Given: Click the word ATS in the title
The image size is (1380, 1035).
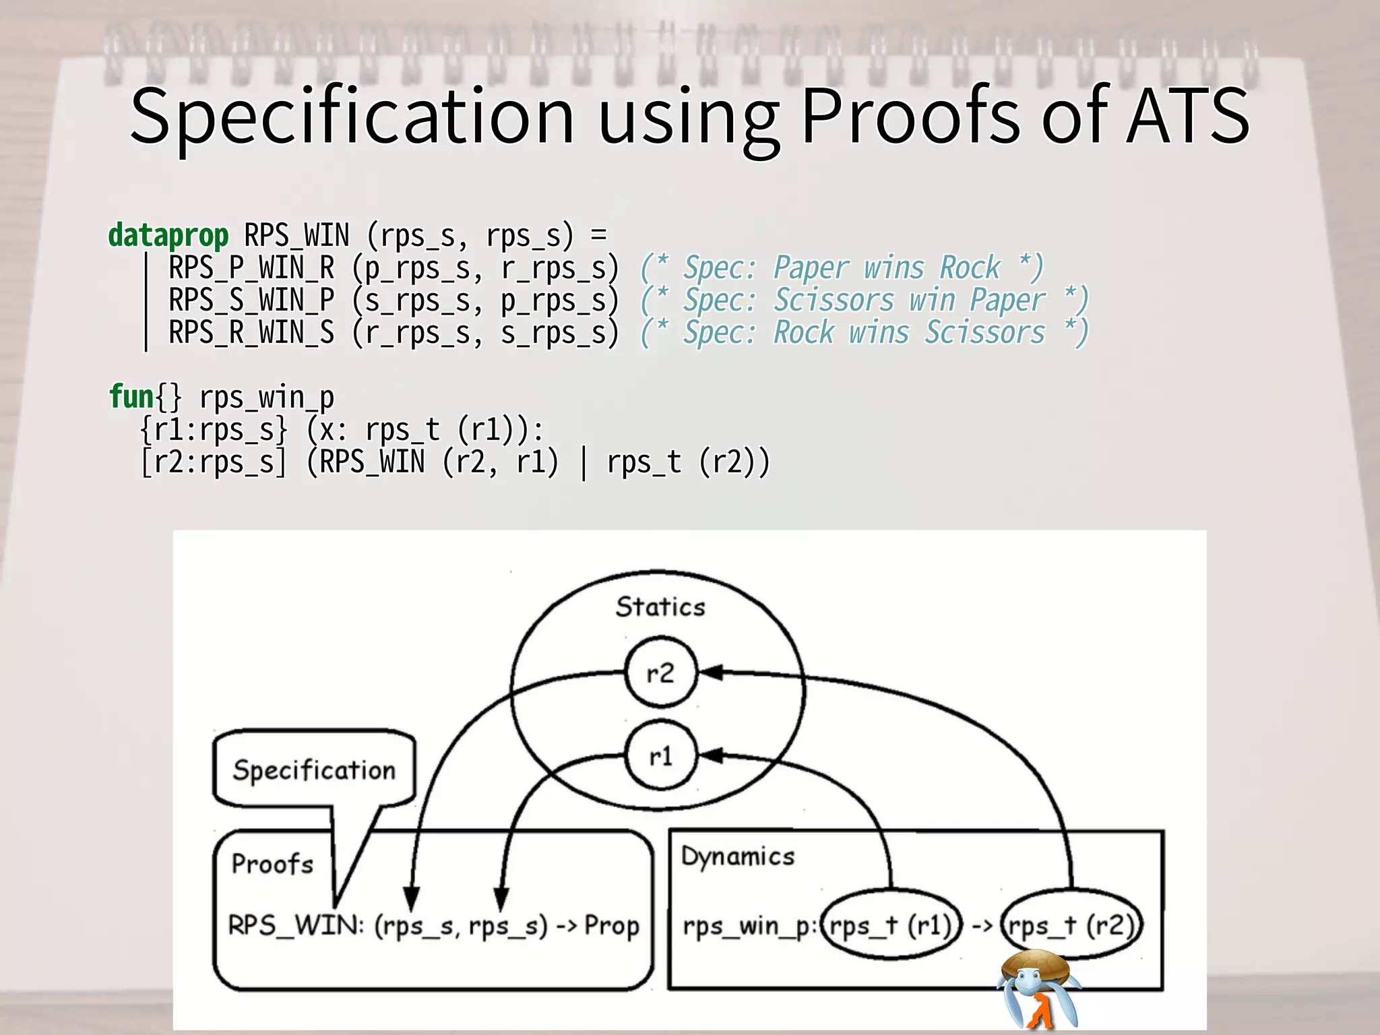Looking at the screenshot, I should (x=1187, y=116).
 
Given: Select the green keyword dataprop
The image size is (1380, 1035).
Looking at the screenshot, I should (x=168, y=236).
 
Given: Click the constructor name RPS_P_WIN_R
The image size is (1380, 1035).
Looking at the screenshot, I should (x=251, y=268).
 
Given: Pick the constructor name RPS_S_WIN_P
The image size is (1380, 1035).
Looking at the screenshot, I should (x=251, y=301).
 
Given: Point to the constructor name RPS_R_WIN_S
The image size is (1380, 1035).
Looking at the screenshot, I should (x=251, y=333).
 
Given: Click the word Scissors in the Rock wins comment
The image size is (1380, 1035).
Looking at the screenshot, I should (x=984, y=333).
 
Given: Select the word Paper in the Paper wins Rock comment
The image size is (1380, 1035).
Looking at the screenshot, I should (x=810, y=268).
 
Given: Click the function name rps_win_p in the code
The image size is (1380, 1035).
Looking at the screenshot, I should (x=267, y=398).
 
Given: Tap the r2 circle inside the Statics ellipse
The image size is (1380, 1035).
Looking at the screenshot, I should (x=660, y=672).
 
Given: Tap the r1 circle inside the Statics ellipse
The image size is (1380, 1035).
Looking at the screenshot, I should (x=660, y=756).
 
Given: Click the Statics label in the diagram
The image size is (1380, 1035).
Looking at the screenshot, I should (x=660, y=607).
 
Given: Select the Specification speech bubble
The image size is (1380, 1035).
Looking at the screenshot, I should (x=314, y=770).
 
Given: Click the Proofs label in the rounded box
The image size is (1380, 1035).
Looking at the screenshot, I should (x=273, y=864).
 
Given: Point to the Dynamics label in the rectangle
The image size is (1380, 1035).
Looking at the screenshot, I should (x=738, y=856).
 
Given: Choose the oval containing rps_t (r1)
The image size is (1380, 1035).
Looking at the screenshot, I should (x=891, y=925).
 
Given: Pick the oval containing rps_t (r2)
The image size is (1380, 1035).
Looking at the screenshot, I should (x=1071, y=925).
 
